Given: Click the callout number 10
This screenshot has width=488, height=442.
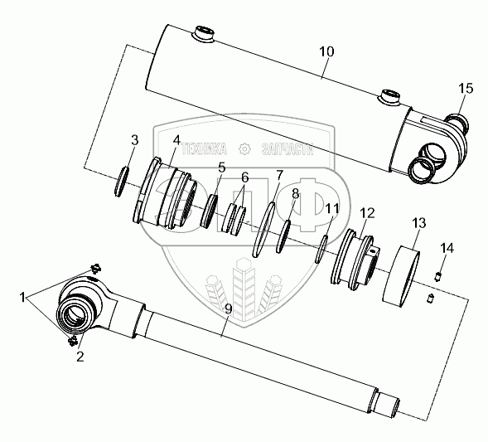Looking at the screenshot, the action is (326, 51).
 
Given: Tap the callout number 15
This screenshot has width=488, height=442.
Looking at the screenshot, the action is (466, 89).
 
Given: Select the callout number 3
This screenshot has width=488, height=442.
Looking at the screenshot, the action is (134, 140).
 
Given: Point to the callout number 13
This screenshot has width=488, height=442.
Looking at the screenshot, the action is (419, 223).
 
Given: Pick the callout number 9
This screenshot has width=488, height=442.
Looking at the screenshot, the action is (228, 309).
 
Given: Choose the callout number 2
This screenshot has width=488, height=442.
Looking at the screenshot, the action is (80, 357).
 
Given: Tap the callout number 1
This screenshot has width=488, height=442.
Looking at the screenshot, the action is (22, 298).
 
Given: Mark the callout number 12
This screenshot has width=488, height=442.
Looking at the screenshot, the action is (367, 213).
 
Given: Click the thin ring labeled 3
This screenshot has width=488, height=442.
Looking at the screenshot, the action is (121, 182).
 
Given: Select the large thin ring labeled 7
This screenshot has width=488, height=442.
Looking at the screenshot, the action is (264, 230).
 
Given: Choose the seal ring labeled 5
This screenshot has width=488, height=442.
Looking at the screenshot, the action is (209, 211).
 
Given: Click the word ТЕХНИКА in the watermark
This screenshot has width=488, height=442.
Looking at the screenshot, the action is (204, 149).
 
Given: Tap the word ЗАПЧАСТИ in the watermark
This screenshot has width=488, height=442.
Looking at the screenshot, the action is (287, 149).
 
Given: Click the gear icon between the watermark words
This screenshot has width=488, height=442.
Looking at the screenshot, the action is (244, 149).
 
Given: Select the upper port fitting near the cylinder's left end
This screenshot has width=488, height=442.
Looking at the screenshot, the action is (203, 34).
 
